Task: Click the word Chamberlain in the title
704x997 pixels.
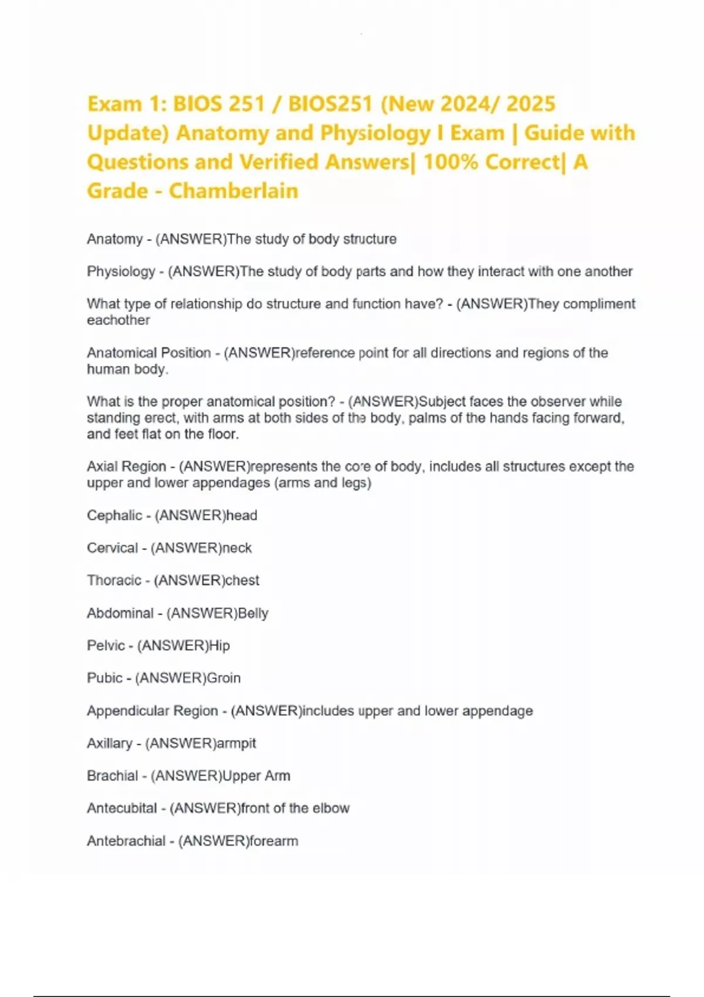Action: coord(233,191)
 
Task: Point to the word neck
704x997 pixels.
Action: coord(237,548)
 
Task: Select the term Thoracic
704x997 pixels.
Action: coord(114,580)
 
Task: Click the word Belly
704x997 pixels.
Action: coord(253,613)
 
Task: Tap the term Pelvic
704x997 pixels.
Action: coord(106,645)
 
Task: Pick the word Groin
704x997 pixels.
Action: coord(224,678)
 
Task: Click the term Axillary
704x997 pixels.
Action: coord(110,743)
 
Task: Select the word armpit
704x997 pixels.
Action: coord(236,743)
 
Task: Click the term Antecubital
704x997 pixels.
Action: coord(122,808)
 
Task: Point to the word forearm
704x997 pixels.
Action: coord(273,841)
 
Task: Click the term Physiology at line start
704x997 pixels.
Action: coord(121,272)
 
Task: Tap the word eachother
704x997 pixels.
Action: coord(119,320)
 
